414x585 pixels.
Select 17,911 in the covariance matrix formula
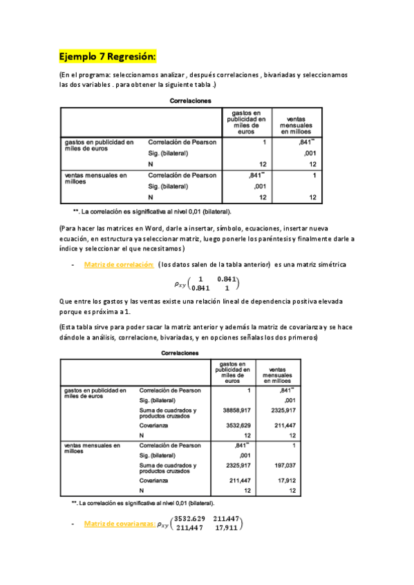226,529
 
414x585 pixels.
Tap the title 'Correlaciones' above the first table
191,101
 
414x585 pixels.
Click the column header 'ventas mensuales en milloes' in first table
291,121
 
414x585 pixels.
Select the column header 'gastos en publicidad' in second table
233,372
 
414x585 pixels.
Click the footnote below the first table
152,211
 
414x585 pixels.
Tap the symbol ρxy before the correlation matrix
185,283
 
